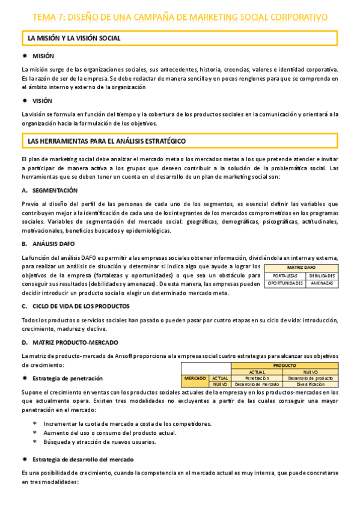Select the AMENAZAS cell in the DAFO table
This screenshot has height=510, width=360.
click(x=322, y=283)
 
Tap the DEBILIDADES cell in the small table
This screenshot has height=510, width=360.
click(x=322, y=275)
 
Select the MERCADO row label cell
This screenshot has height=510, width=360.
click(x=195, y=378)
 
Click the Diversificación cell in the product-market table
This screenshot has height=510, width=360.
click(x=310, y=384)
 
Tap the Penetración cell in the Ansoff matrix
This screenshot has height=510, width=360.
click(x=257, y=378)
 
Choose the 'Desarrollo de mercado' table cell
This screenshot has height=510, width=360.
click(x=257, y=384)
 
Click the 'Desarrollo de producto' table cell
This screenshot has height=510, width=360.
click(x=310, y=378)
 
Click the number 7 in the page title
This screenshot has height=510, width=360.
click(x=61, y=17)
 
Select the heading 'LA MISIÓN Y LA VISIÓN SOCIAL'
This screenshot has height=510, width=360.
click(x=74, y=38)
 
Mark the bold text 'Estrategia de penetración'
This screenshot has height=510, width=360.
click(x=67, y=378)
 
